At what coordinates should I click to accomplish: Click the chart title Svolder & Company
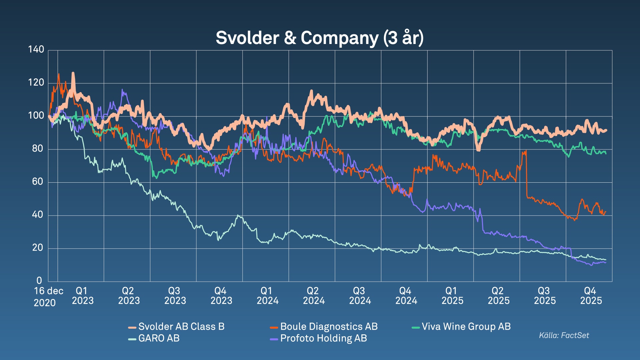pyautogui.click(x=319, y=38)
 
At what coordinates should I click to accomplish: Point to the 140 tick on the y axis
pyautogui.click(x=36, y=50)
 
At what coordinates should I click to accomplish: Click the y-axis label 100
pyautogui.click(x=36, y=116)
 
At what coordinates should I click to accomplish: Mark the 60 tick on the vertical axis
pyautogui.click(x=38, y=182)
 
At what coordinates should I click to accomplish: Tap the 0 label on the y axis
pyautogui.click(x=39, y=281)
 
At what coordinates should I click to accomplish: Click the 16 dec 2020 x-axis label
pyautogui.click(x=48, y=297)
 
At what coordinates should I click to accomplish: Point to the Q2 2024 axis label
pyautogui.click(x=314, y=296)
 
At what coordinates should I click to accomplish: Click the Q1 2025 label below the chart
pyautogui.click(x=452, y=296)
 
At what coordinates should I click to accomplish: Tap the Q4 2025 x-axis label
pyautogui.click(x=591, y=296)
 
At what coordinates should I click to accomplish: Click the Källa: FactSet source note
pyautogui.click(x=564, y=335)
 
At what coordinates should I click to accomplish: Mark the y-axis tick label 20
pyautogui.click(x=38, y=248)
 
